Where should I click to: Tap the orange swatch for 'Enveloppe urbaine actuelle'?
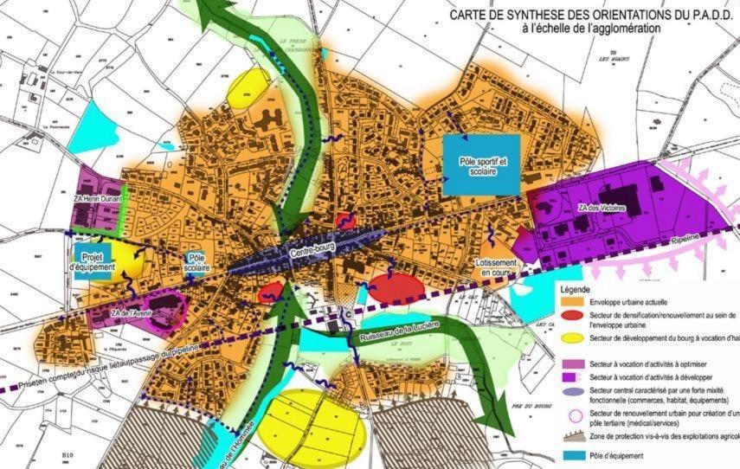click(574, 302)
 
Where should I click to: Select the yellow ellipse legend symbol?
click(574, 338)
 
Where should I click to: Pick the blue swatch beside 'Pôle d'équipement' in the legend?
click(574, 454)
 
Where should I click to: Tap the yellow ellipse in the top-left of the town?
click(249, 87)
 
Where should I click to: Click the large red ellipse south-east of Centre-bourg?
click(396, 287)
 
